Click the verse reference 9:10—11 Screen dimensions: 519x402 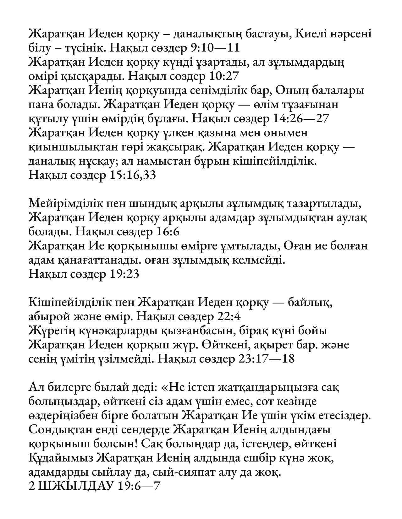[215, 48]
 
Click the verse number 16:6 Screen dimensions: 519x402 [167, 232]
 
